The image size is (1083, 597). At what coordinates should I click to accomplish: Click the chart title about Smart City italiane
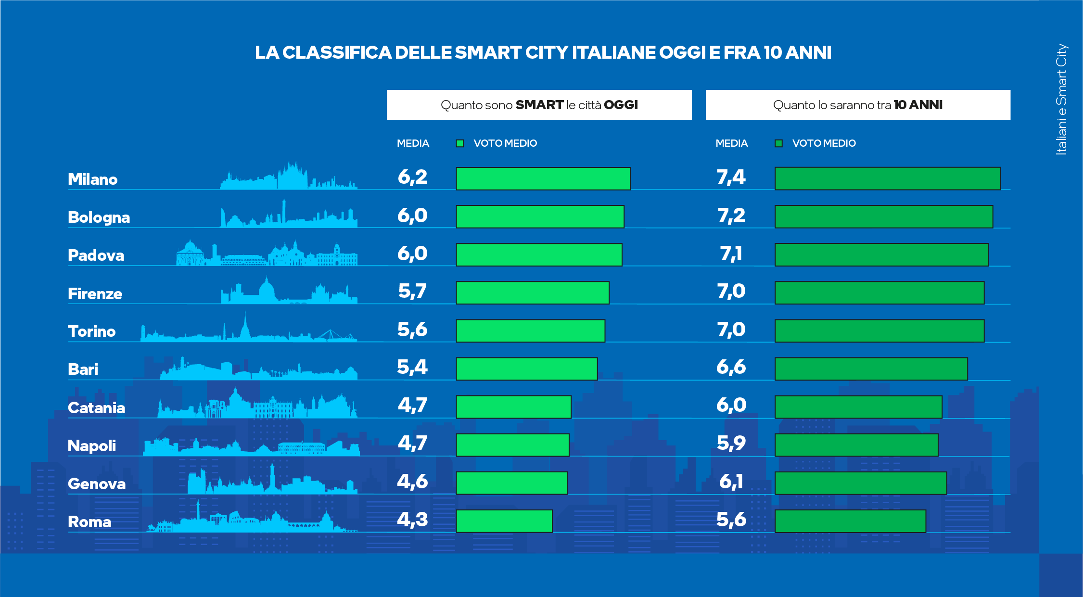543,52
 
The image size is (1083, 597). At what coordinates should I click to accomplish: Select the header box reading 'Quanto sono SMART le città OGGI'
539,105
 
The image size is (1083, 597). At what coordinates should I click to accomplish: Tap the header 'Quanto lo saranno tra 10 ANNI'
857,105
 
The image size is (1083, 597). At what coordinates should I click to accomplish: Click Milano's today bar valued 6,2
543,178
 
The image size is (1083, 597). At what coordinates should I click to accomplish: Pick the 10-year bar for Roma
850,521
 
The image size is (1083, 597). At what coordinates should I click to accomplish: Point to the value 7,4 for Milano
731,178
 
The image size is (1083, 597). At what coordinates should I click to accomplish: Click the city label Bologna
99,217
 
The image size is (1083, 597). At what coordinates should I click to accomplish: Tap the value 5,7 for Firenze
412,292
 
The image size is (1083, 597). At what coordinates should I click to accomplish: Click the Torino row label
91,331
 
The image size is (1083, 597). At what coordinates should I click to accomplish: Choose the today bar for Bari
526,369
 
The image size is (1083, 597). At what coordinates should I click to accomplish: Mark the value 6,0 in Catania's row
731,406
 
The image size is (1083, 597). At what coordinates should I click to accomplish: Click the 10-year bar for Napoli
856,445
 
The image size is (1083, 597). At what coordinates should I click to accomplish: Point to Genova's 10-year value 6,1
731,482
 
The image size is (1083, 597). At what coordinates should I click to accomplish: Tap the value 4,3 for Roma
412,520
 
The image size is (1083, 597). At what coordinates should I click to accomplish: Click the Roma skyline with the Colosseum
250,522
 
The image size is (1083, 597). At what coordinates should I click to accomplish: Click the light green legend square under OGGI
460,143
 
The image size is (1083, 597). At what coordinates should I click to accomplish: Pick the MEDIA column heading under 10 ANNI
731,143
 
